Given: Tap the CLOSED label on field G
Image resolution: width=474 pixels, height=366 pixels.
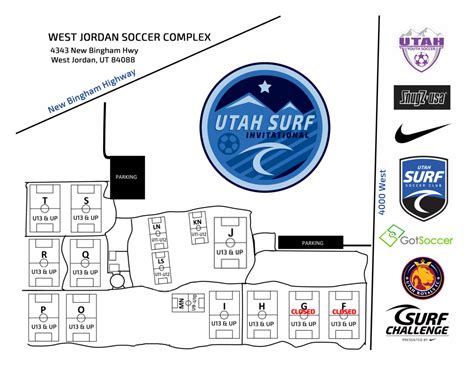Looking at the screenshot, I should point(302,312).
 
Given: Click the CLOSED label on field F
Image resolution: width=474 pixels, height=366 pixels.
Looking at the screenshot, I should point(343,312).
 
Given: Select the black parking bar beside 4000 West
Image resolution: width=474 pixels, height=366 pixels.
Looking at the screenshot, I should point(313,242).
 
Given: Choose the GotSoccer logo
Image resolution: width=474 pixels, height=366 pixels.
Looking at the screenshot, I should point(416,238).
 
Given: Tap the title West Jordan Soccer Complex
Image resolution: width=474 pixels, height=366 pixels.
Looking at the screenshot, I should point(129,38).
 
